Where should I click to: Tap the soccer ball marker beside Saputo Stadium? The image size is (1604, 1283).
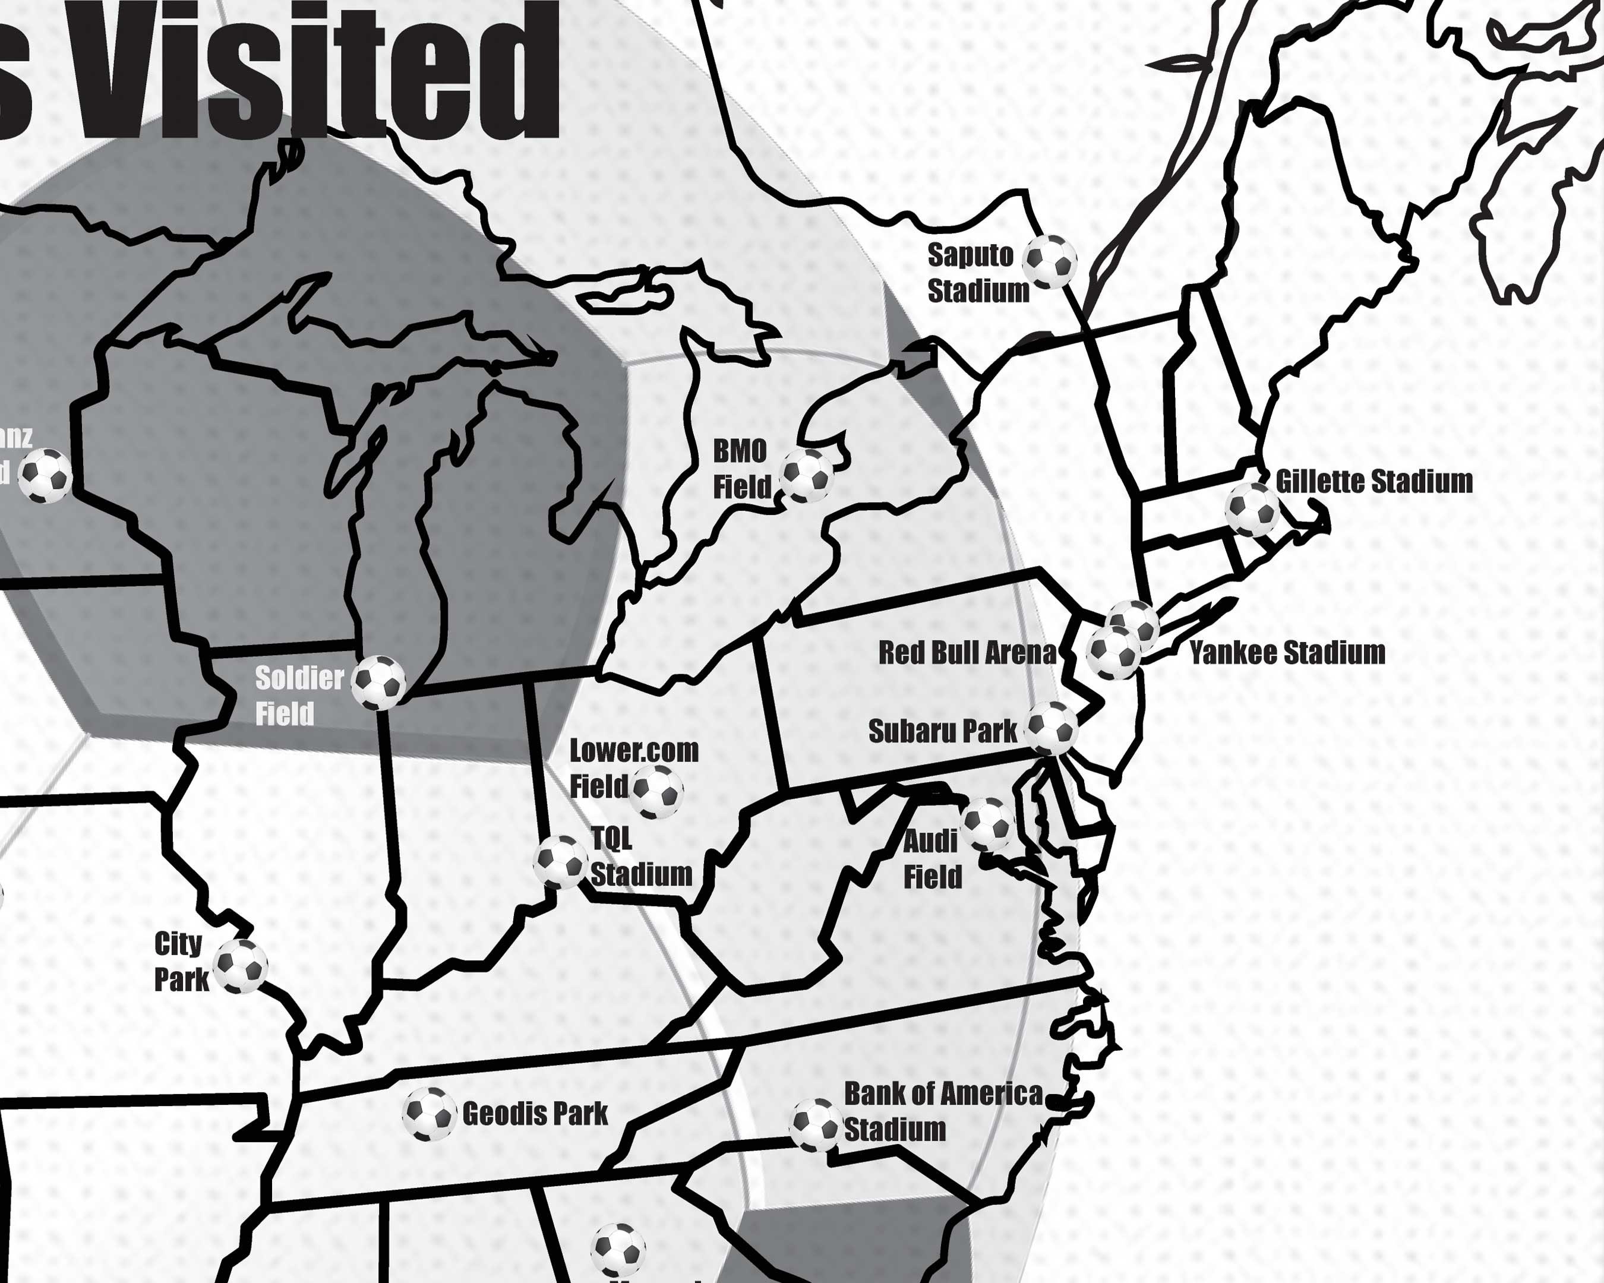[x=1050, y=262]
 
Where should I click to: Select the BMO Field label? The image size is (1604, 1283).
[x=741, y=469]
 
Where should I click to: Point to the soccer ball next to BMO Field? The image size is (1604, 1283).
[x=807, y=475]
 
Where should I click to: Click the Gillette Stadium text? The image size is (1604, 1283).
[x=1373, y=481]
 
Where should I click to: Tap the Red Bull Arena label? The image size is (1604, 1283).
[x=967, y=652]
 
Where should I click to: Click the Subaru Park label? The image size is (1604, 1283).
[x=942, y=731]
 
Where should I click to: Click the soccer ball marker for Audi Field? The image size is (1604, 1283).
[x=988, y=824]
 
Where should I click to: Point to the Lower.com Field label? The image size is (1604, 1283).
[x=633, y=768]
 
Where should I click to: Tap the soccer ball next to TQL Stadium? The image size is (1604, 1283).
[x=560, y=861]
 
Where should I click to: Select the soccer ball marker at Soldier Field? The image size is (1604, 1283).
[x=378, y=681]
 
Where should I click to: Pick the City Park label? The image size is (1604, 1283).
[x=180, y=962]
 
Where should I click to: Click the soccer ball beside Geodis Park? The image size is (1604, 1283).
[x=428, y=1114]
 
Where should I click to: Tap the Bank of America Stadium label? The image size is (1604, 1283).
[x=943, y=1111]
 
